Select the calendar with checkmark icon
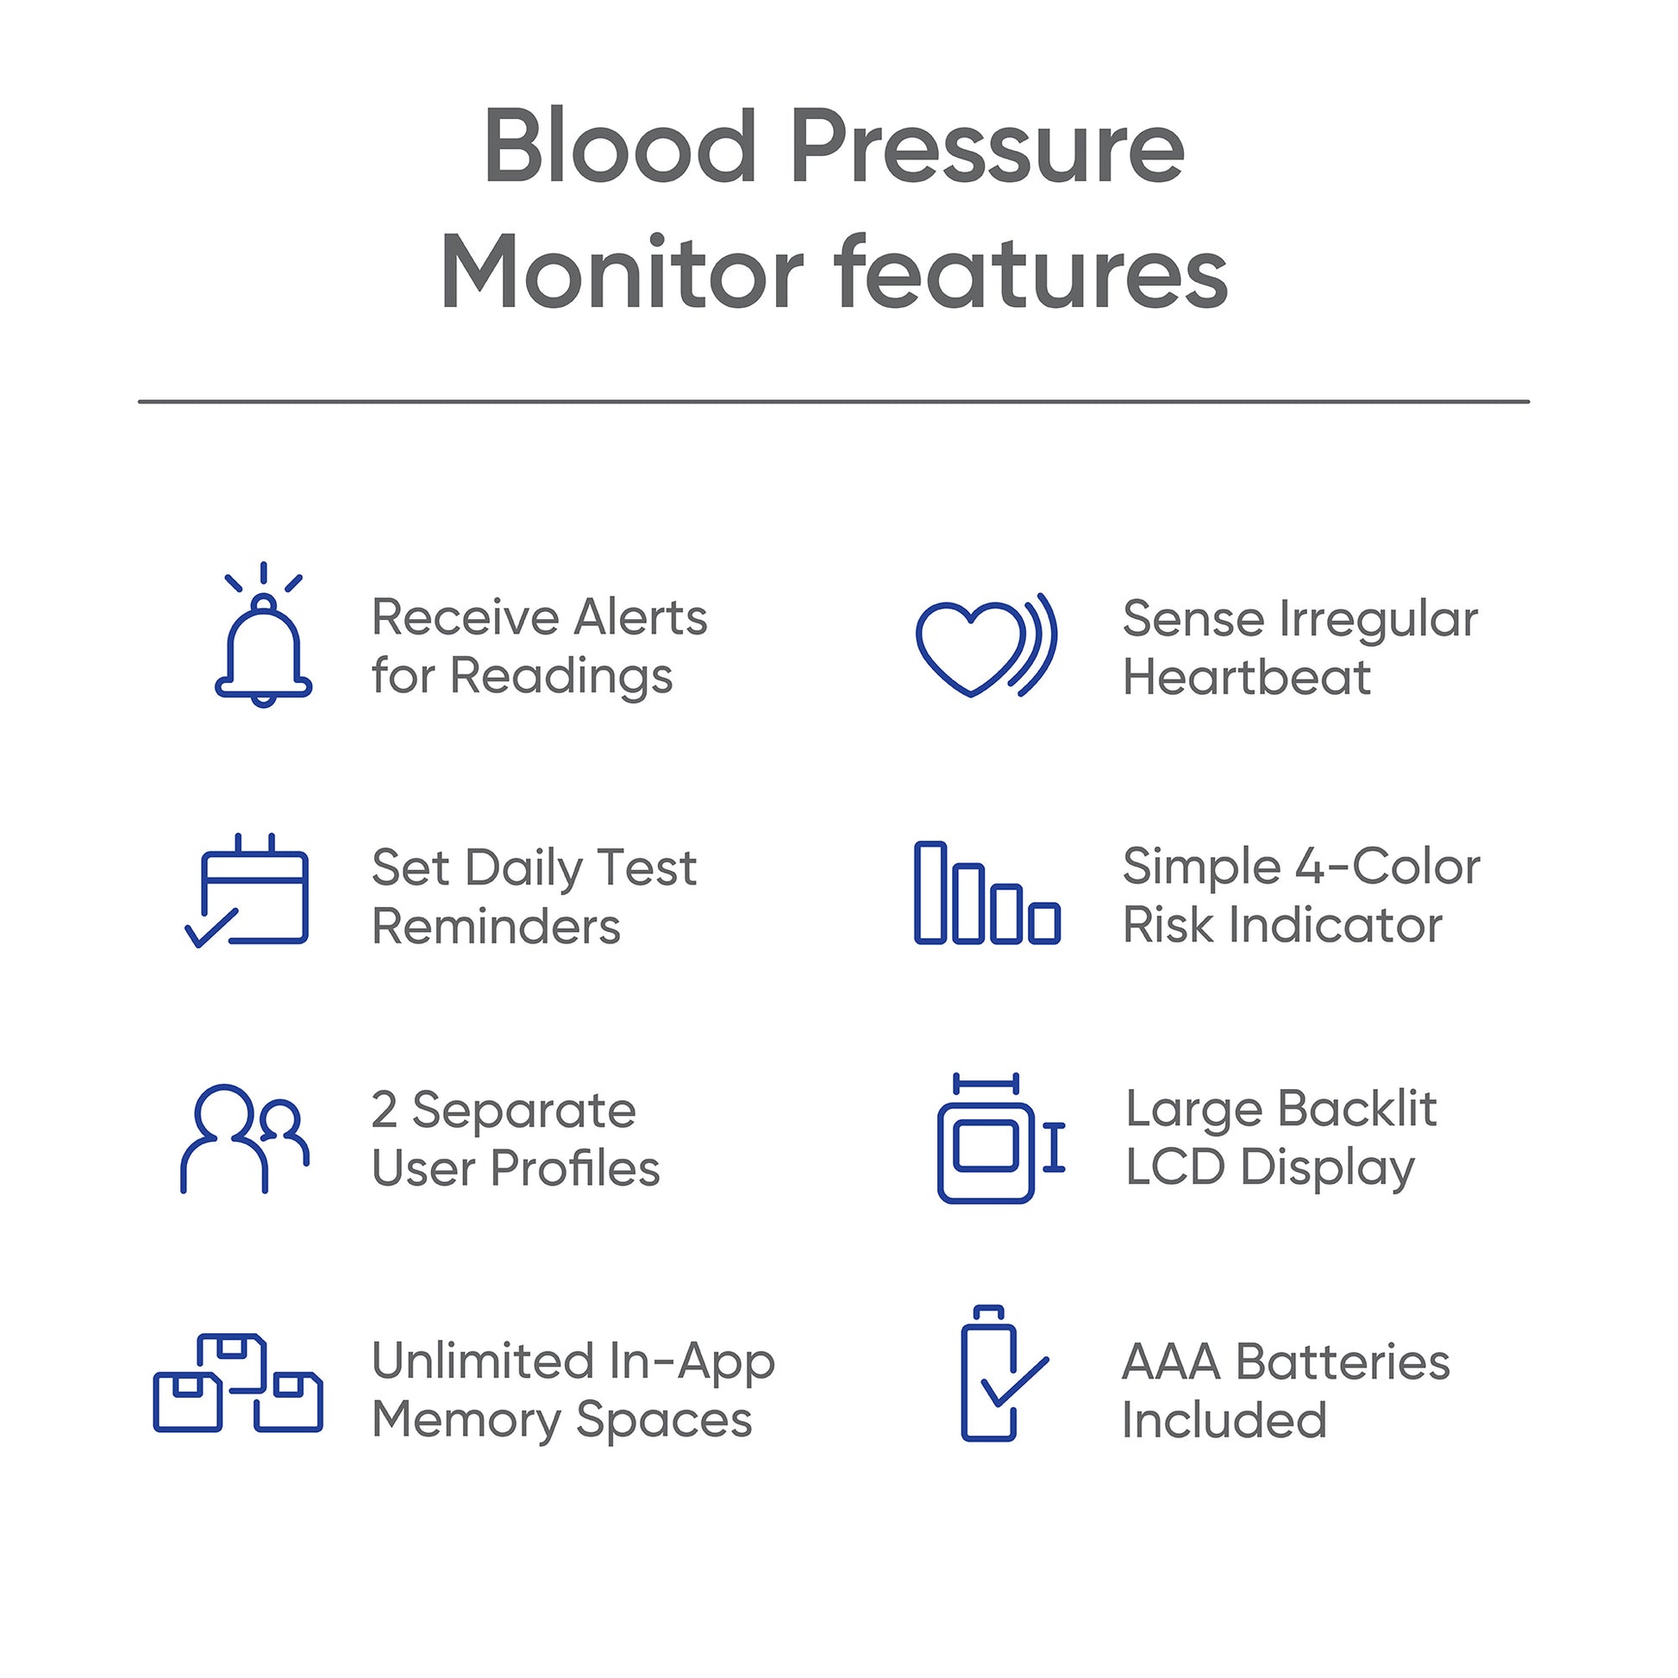(247, 891)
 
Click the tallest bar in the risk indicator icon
(930, 892)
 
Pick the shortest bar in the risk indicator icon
(1044, 923)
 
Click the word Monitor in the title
(622, 272)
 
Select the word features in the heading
(1030, 270)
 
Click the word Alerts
(640, 617)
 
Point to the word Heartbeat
(1246, 677)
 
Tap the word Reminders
(496, 926)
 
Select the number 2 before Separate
(385, 1109)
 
